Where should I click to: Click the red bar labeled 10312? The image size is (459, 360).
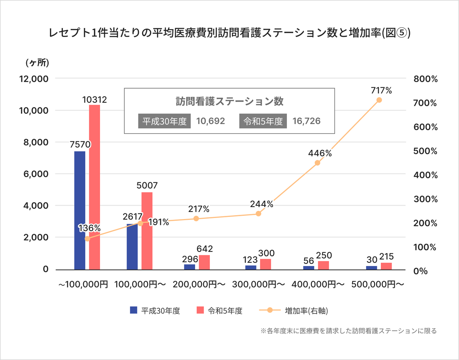(x=94, y=187)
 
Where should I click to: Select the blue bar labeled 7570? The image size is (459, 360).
(x=80, y=210)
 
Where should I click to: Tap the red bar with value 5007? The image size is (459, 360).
(x=147, y=231)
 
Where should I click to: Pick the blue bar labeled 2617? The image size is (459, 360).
(x=132, y=246)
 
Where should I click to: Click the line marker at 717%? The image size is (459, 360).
(x=379, y=100)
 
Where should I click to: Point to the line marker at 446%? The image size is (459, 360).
(x=317, y=163)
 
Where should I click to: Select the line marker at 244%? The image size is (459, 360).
(x=258, y=214)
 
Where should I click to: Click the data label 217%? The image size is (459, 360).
(x=199, y=209)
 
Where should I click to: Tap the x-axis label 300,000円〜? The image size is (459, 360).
(x=259, y=284)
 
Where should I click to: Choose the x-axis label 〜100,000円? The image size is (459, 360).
(x=83, y=284)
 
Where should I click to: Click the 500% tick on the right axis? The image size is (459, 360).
(x=426, y=151)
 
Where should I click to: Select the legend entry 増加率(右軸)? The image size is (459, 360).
(x=306, y=311)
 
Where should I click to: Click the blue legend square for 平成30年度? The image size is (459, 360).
(x=134, y=310)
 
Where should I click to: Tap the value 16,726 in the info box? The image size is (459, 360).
(x=306, y=121)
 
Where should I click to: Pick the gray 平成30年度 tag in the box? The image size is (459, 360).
(x=164, y=121)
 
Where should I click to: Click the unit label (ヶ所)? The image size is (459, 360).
(x=37, y=63)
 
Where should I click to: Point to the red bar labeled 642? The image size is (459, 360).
(x=204, y=262)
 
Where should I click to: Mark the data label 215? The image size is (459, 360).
(x=386, y=257)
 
